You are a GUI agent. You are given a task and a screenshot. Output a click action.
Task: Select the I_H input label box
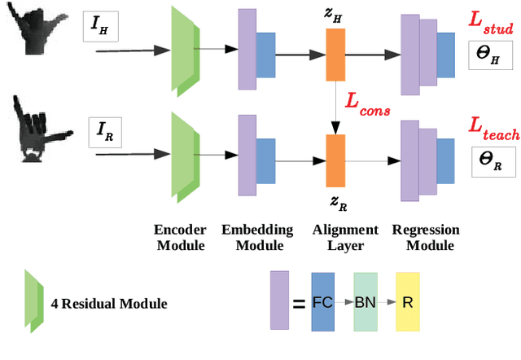pos(101,28)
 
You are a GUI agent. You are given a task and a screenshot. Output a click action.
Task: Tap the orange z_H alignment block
pos(335,55)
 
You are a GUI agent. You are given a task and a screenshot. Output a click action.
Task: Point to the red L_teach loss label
pos(493,127)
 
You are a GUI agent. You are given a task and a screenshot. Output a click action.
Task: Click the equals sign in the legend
pos(299,304)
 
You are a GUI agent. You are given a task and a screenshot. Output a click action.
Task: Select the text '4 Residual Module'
pos(109,304)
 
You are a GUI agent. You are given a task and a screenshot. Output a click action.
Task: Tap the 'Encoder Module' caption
pos(178,237)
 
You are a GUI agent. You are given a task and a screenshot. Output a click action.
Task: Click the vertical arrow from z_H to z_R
pos(335,106)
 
